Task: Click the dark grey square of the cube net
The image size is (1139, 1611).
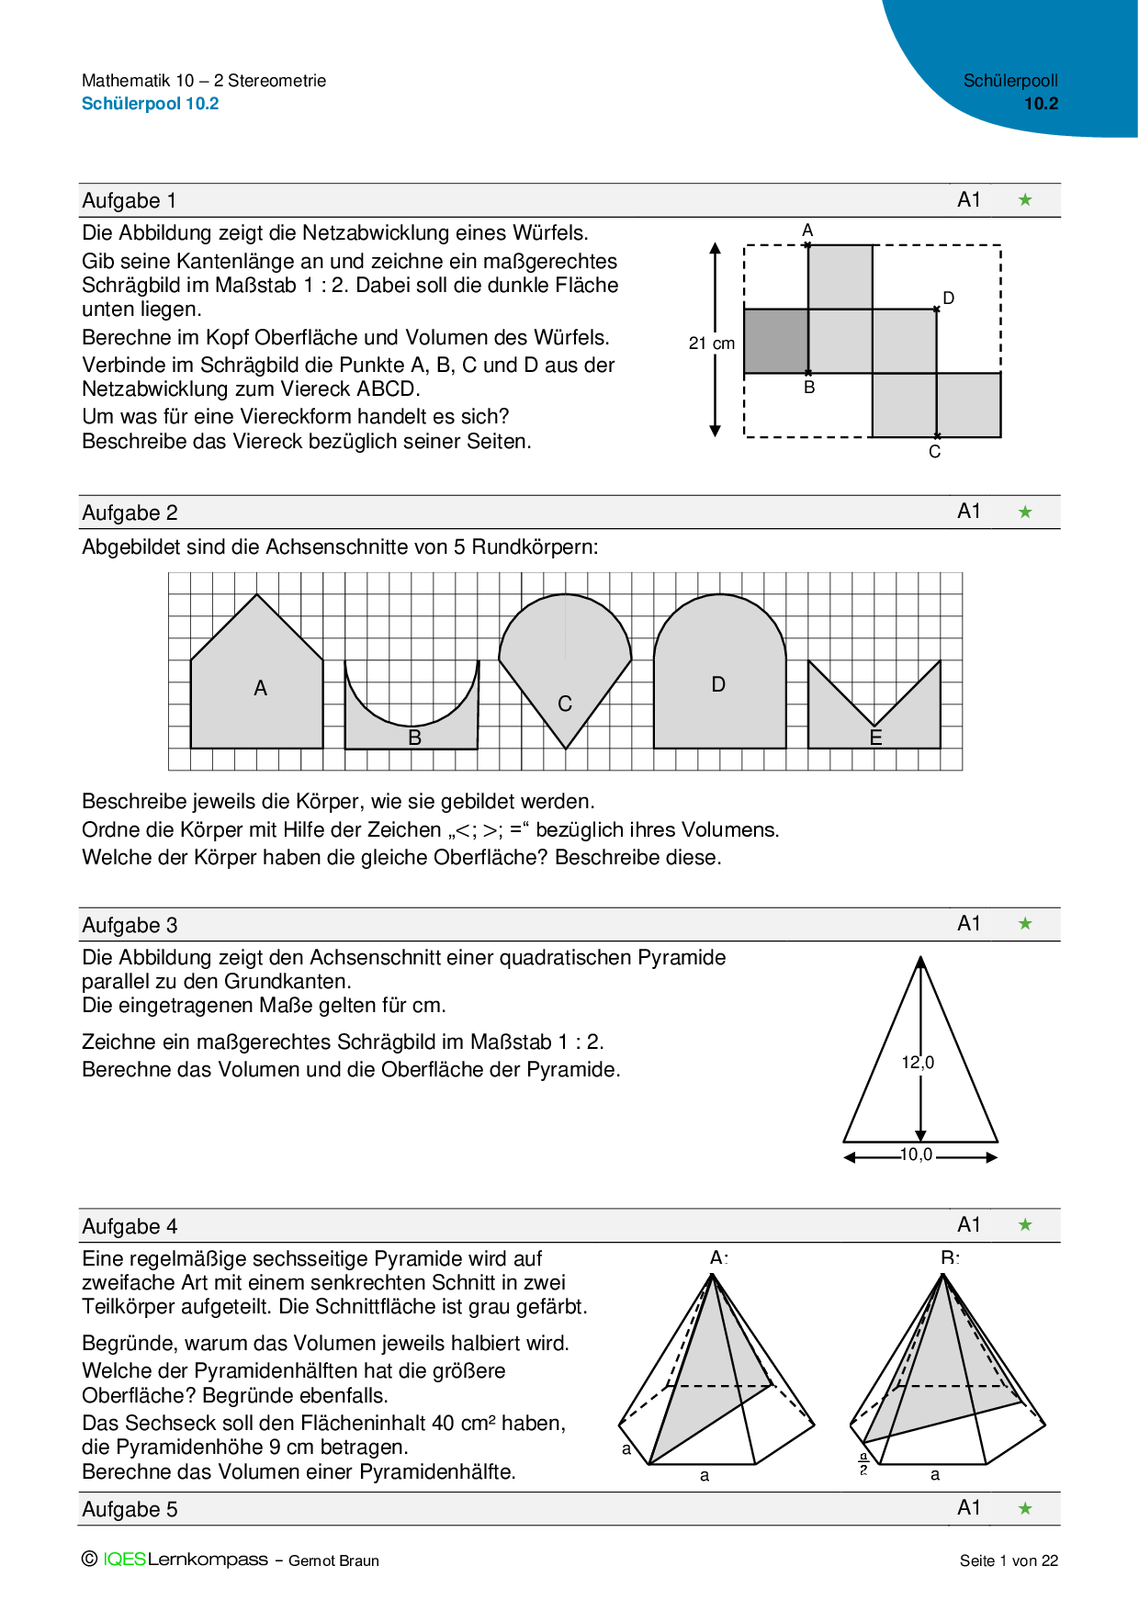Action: point(775,341)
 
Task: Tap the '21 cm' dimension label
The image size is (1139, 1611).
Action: point(712,344)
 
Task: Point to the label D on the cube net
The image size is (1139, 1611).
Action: point(949,299)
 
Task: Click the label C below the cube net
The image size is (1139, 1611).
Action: point(934,452)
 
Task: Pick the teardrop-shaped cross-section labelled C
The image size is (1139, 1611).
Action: point(565,670)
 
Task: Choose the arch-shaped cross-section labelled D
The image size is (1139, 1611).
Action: point(719,684)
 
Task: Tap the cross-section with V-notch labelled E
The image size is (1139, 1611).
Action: point(875,730)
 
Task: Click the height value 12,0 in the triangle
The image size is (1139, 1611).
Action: point(918,1063)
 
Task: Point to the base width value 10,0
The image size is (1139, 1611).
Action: point(916,1155)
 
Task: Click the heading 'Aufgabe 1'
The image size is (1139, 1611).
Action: point(130,201)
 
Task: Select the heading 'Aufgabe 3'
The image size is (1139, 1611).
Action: point(130,925)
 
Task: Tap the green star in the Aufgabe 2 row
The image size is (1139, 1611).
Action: point(1025,512)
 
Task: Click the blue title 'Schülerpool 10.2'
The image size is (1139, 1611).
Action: point(151,104)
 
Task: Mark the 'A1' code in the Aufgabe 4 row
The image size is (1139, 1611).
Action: point(969,1224)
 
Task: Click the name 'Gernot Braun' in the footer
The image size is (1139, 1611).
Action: point(333,1560)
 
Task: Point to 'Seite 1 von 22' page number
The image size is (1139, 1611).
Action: point(1009,1560)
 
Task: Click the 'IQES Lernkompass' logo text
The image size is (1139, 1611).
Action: point(186,1560)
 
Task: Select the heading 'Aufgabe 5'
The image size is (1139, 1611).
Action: point(130,1509)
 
